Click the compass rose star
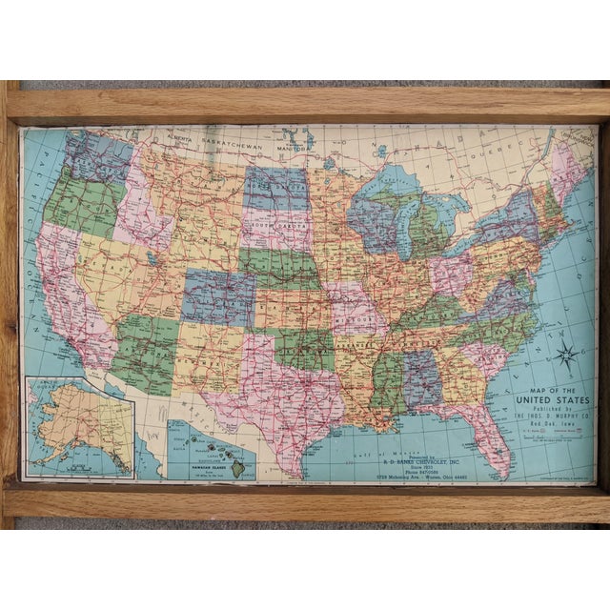[x=565, y=356]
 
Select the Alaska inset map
[x=79, y=426]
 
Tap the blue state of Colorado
[x=218, y=296]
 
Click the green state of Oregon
[x=80, y=201]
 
